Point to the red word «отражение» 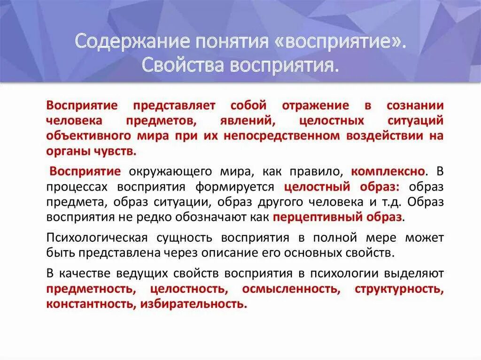coord(316,106)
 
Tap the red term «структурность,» coord(399,288)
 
